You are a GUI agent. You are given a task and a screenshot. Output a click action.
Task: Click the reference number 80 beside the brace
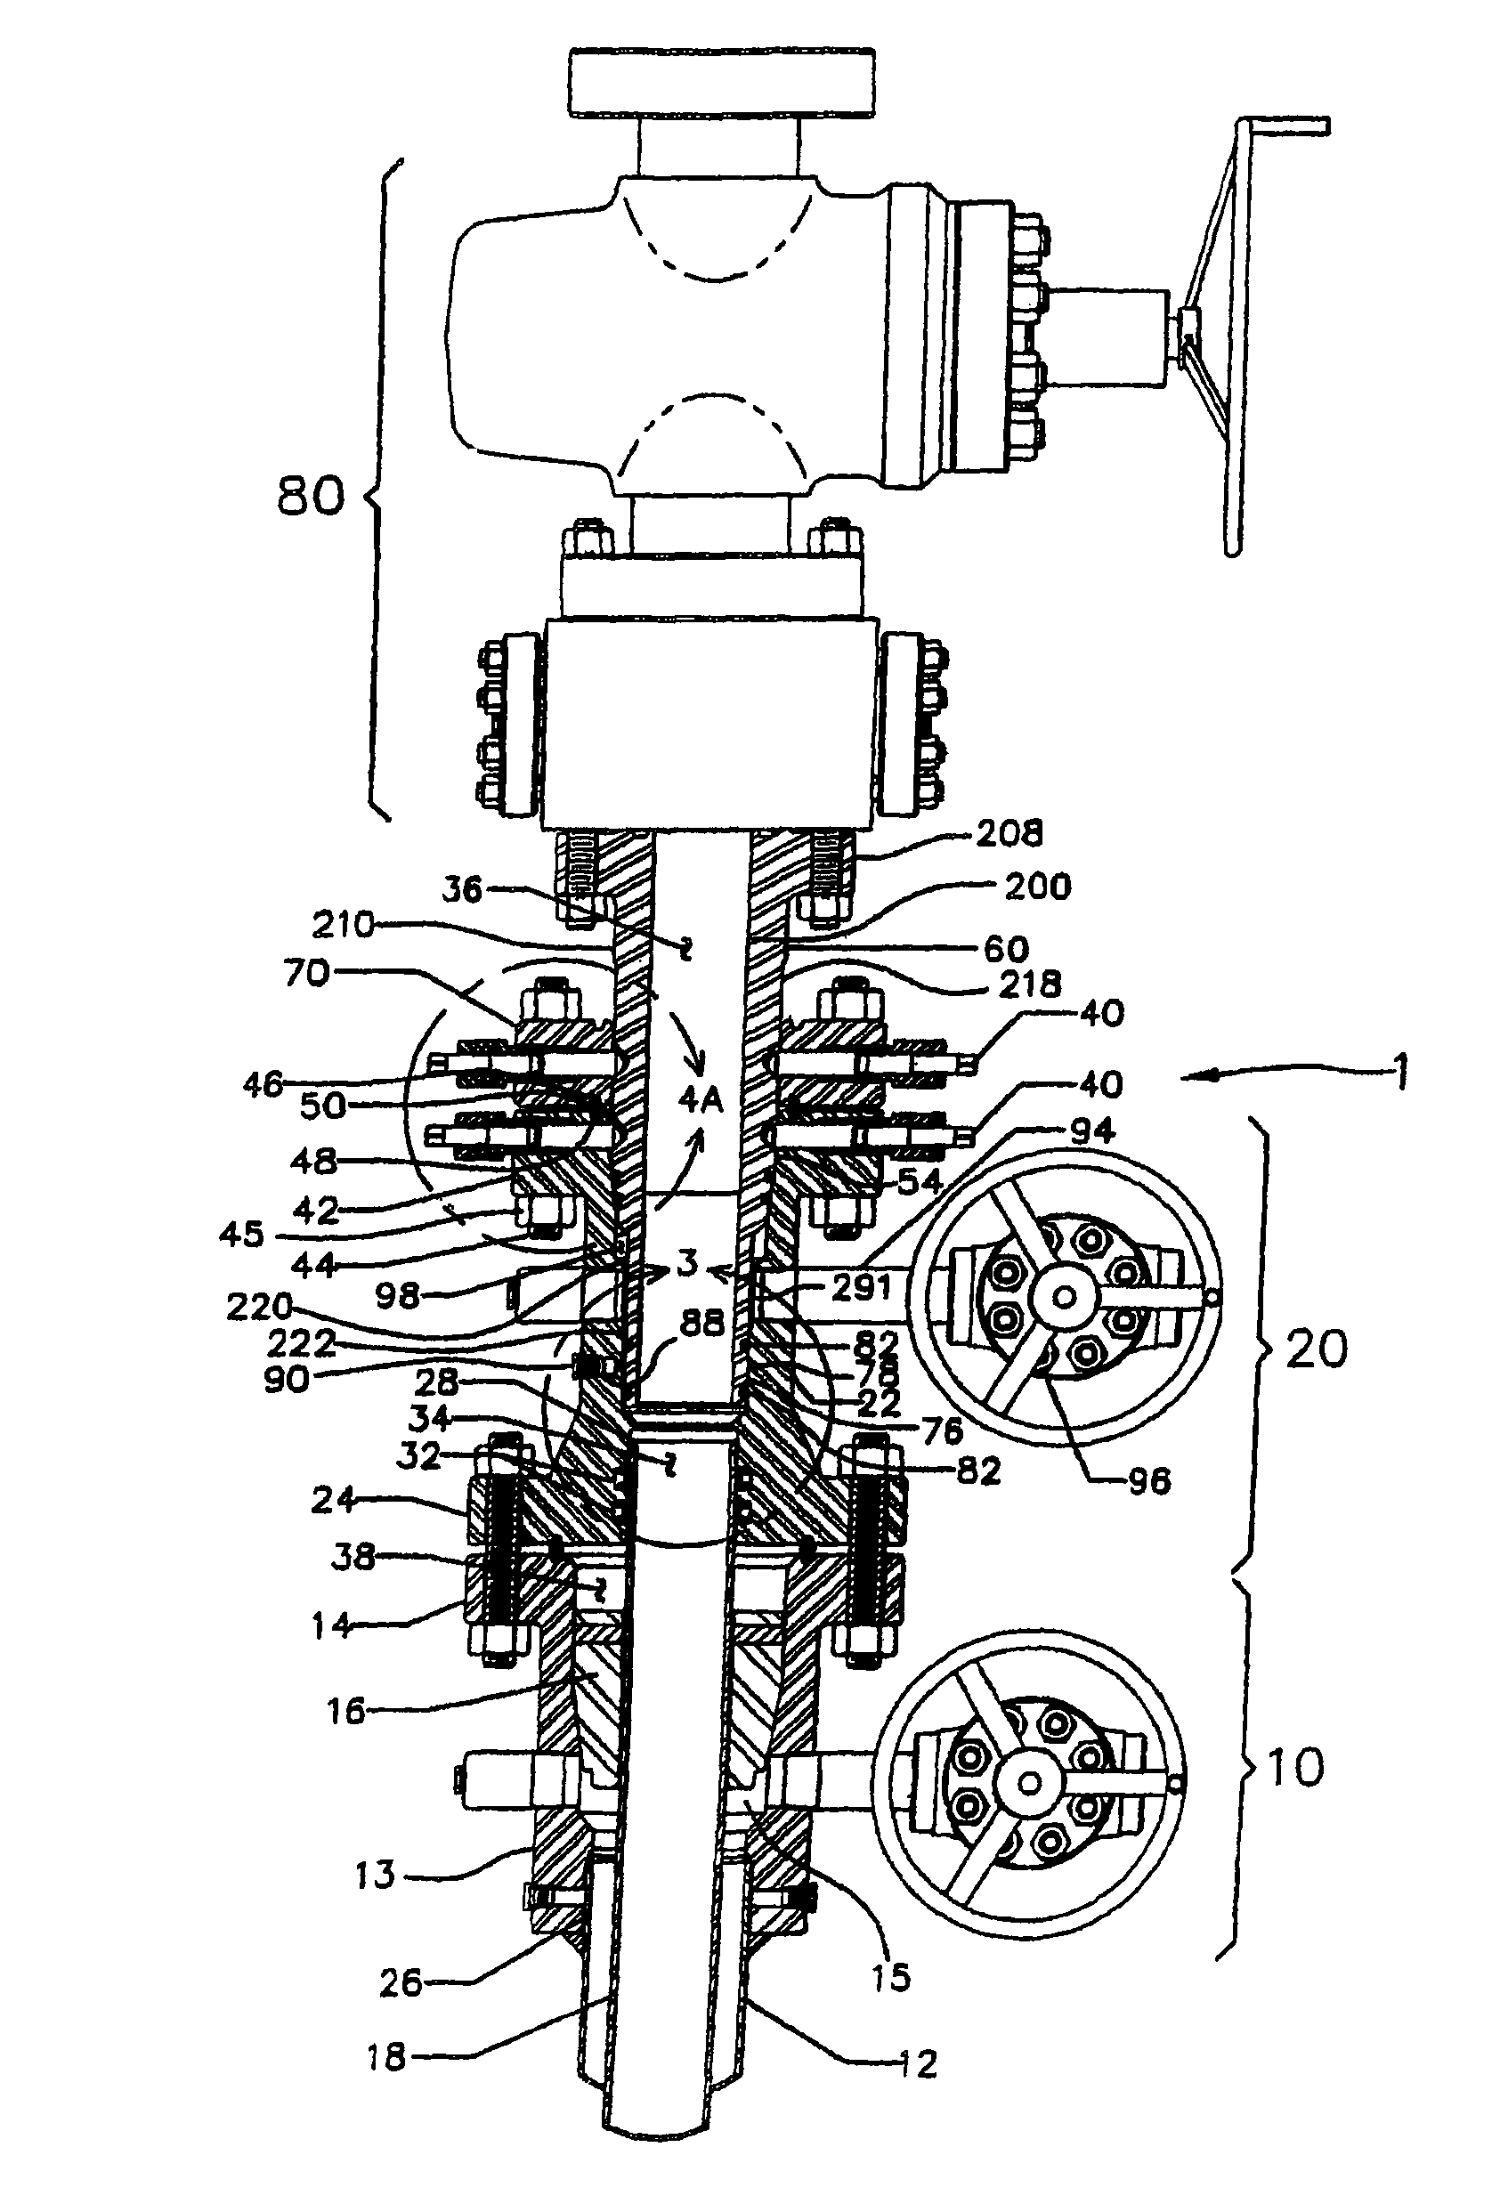(310, 495)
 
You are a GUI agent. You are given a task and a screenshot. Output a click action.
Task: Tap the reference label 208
(1010, 832)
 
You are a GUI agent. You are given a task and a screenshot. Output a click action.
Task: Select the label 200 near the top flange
(1037, 887)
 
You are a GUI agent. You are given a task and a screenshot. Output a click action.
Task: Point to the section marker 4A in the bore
(701, 1100)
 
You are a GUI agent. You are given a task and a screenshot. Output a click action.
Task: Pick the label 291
(862, 1287)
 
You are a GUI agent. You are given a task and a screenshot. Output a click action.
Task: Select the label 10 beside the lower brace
(1295, 1768)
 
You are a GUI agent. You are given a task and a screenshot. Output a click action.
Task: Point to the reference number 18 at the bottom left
(385, 2058)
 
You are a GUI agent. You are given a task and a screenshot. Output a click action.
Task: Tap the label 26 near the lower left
(400, 1983)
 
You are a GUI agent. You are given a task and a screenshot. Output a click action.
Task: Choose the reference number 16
(346, 1712)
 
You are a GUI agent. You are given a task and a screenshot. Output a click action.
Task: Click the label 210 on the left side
(345, 925)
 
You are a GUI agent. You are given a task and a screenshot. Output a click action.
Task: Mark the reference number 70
(306, 973)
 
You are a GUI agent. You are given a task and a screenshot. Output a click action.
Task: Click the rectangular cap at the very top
(722, 84)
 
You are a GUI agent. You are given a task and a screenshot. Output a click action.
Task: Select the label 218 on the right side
(1031, 985)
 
